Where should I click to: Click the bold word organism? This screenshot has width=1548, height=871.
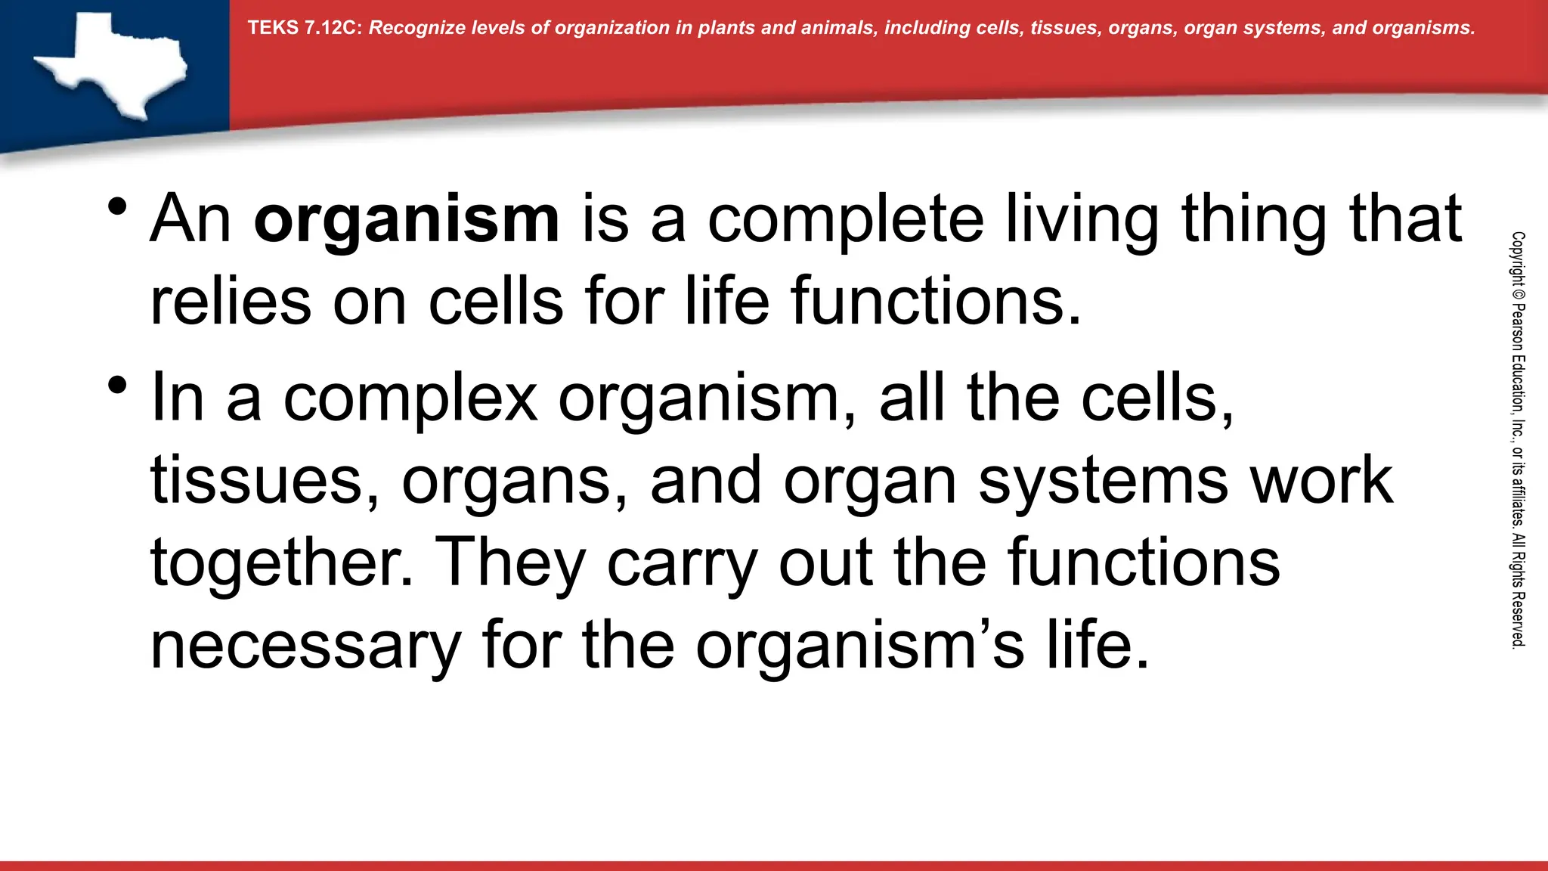(407, 219)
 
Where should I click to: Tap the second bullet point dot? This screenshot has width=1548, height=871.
(116, 386)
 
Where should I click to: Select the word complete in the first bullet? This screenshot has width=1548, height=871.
(845, 219)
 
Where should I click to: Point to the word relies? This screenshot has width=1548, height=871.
(231, 301)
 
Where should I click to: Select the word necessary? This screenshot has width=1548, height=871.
(305, 646)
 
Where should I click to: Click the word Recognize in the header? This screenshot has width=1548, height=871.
(416, 28)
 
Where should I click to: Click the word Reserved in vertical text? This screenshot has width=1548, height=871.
(1518, 620)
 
